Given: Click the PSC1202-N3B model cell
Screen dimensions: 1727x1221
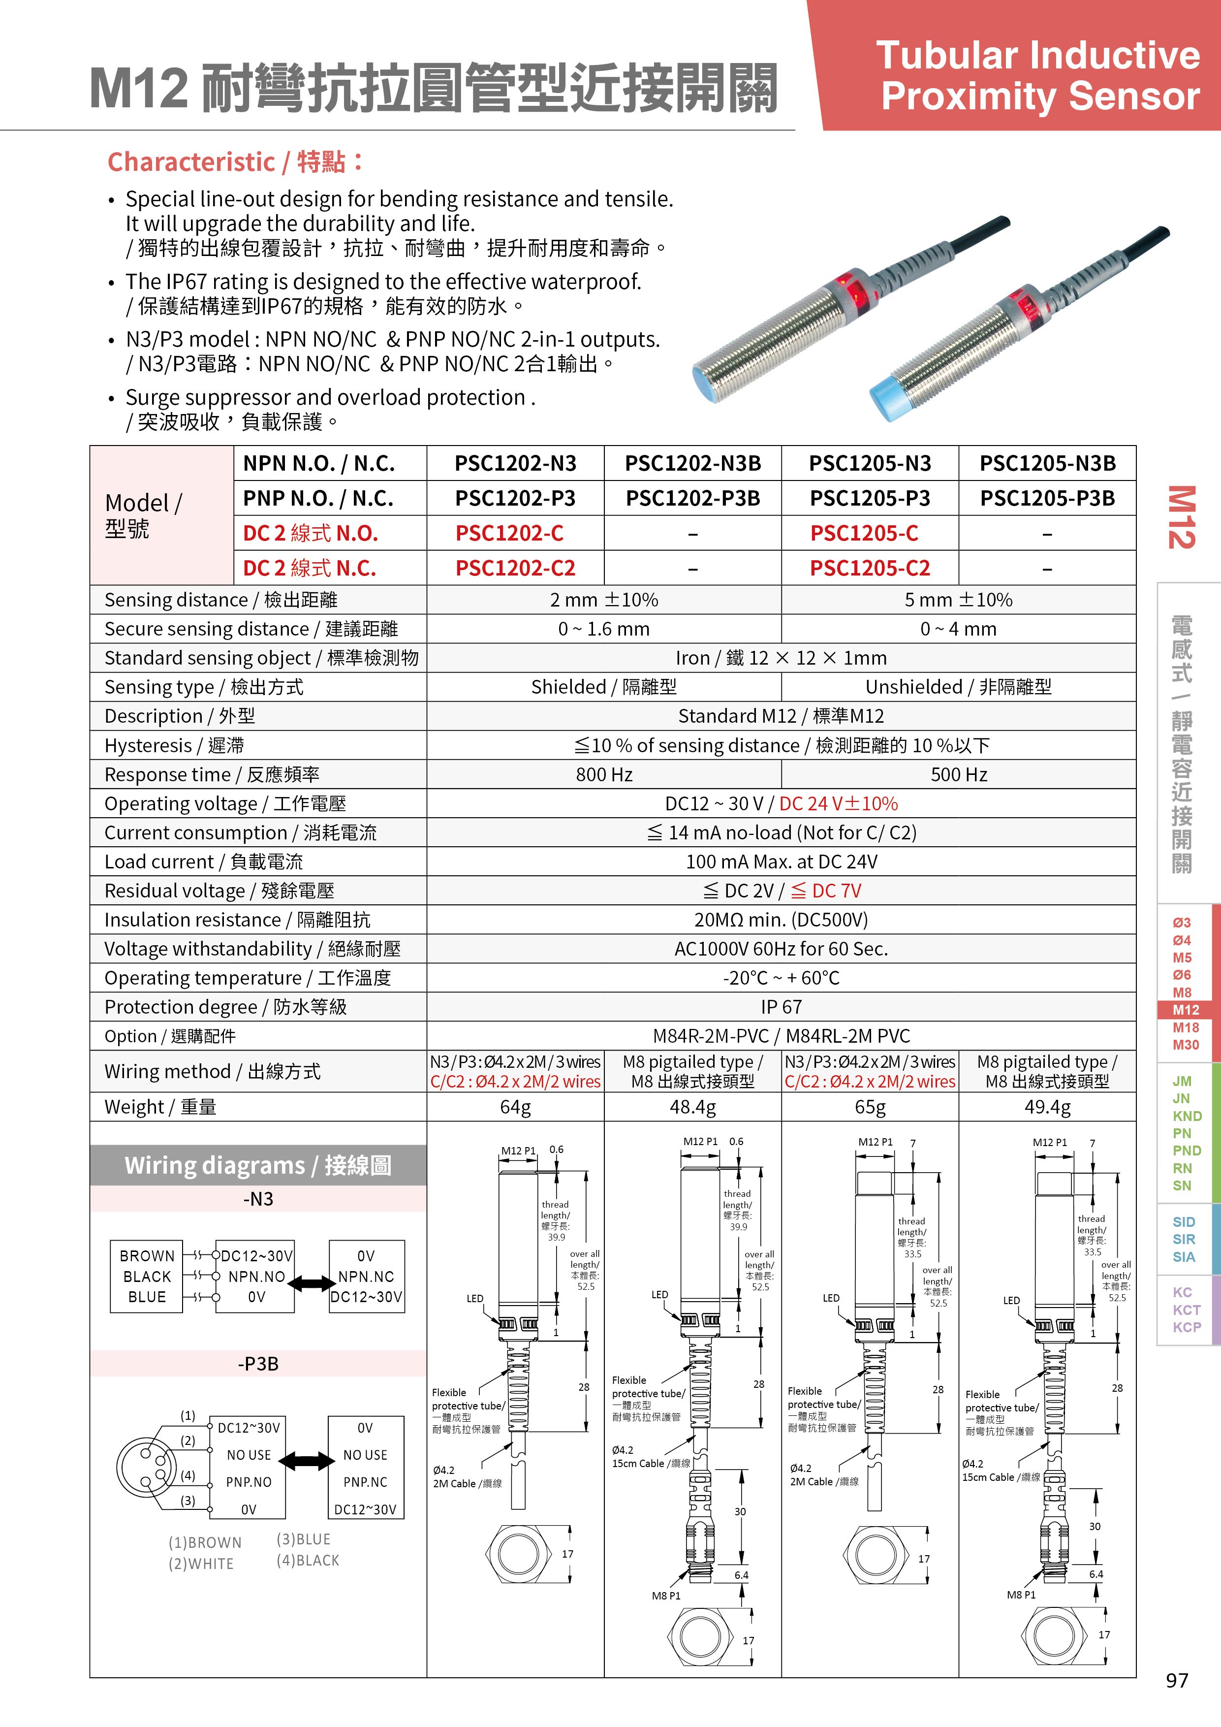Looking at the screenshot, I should pos(692,463).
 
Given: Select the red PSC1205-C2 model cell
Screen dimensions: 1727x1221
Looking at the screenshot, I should pos(870,568).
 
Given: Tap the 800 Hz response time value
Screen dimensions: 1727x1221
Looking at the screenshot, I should pos(604,774).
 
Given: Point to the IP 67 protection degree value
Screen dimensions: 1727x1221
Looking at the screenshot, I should pos(781,1006).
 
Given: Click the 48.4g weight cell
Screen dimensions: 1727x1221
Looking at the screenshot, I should pos(692,1107).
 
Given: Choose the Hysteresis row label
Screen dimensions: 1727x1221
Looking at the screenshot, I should pos(174,745).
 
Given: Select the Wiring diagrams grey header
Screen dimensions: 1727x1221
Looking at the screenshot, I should pos(258,1165).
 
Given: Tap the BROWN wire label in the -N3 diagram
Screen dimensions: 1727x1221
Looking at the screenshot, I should pos(147,1256).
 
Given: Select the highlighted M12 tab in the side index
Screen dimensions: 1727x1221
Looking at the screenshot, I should pos(1187,1009).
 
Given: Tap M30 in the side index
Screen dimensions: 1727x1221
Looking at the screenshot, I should pos(1187,1045).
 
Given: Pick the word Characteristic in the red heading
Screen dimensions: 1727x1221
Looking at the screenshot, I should pos(191,161).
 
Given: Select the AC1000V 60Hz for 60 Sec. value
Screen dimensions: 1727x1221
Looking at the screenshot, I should pos(781,949).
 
